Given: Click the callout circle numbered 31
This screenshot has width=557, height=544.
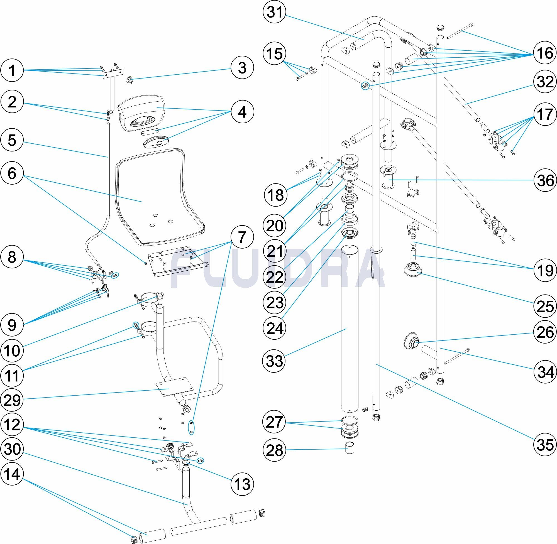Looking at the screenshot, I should (x=274, y=13).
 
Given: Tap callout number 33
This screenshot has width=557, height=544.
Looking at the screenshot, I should (x=274, y=361).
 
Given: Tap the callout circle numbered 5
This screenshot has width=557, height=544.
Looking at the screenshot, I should (x=12, y=141).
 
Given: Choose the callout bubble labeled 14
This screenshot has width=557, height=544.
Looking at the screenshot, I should (x=12, y=475).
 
